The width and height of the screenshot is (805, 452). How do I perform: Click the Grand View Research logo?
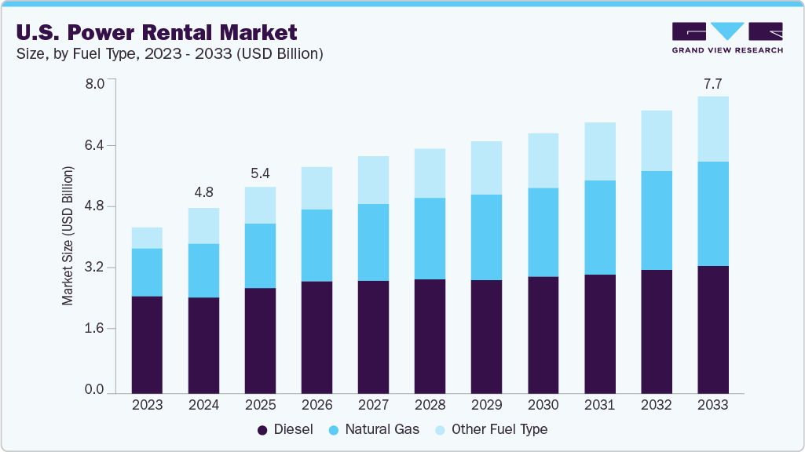[726, 38]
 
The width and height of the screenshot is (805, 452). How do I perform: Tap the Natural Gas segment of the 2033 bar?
[712, 213]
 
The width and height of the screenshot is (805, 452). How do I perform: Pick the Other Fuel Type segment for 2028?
[430, 173]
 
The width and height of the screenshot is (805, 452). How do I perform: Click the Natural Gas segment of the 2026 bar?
[317, 245]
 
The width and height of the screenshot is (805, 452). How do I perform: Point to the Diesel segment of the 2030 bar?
[543, 334]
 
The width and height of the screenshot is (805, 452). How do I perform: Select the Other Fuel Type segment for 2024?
[203, 225]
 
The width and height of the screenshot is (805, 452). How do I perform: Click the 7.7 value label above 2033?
[712, 82]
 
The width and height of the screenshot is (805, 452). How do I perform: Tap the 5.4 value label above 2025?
[260, 173]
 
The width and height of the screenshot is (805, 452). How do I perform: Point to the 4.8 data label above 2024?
[203, 193]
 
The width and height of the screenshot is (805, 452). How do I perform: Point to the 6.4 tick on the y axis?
[94, 145]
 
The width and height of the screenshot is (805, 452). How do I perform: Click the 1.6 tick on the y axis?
[94, 329]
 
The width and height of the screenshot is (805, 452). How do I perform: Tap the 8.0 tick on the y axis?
[94, 84]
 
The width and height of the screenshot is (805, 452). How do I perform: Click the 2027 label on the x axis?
[373, 405]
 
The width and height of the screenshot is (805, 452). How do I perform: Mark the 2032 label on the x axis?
[656, 405]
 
